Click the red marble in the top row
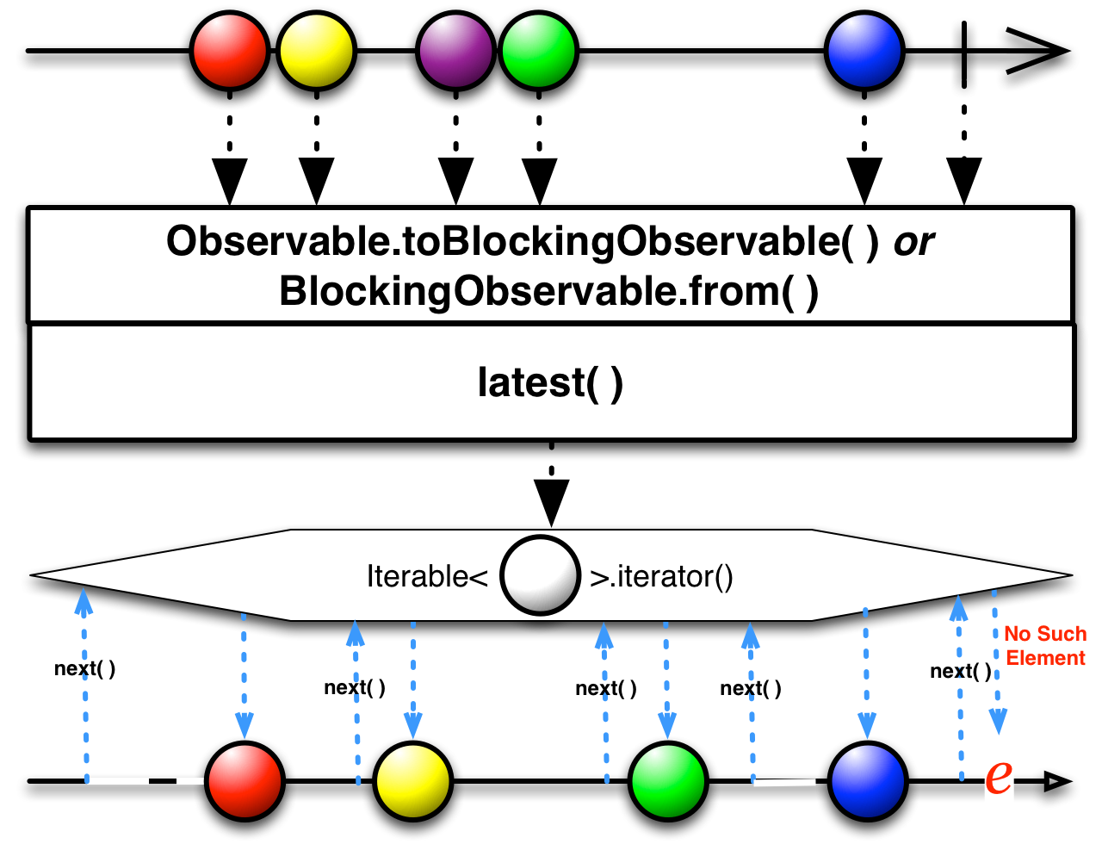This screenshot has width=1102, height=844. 230,51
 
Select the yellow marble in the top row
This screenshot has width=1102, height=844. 317,51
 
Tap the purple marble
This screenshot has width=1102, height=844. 455,51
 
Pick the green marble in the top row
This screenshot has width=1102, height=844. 538,51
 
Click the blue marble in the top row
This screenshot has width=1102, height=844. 864,51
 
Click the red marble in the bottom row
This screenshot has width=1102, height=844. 245,781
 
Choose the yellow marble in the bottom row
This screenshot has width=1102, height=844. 413,781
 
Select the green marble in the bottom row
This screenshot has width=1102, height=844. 668,781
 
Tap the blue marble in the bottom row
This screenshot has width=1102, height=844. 868,781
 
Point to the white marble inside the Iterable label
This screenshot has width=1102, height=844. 540,575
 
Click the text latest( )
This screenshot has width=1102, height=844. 550,382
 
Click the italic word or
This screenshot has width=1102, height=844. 913,243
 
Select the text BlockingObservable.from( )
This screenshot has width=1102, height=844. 548,292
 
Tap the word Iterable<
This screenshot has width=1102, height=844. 427,576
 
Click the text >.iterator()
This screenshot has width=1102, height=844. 661,576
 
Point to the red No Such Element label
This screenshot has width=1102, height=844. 1045,646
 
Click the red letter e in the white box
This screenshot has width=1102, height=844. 998,776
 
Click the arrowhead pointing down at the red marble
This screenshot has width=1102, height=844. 245,726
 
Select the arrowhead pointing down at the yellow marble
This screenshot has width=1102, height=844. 413,726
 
